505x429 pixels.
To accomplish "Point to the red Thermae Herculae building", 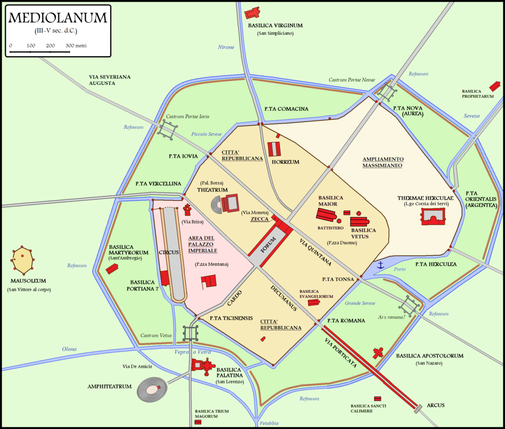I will (432, 216).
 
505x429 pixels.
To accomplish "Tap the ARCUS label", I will (436, 405).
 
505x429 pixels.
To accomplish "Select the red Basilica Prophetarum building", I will (494, 86).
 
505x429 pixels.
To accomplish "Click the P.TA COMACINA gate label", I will (286, 109).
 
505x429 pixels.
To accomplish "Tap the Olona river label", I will (69, 349).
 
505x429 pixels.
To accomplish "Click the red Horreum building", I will (275, 148).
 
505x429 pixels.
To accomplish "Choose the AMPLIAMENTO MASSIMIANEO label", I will (382, 162).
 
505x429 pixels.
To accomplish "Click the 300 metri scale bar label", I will (76, 46).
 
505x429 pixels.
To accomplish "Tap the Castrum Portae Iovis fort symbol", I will (169, 128).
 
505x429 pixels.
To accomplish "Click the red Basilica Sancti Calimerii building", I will (377, 398).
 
